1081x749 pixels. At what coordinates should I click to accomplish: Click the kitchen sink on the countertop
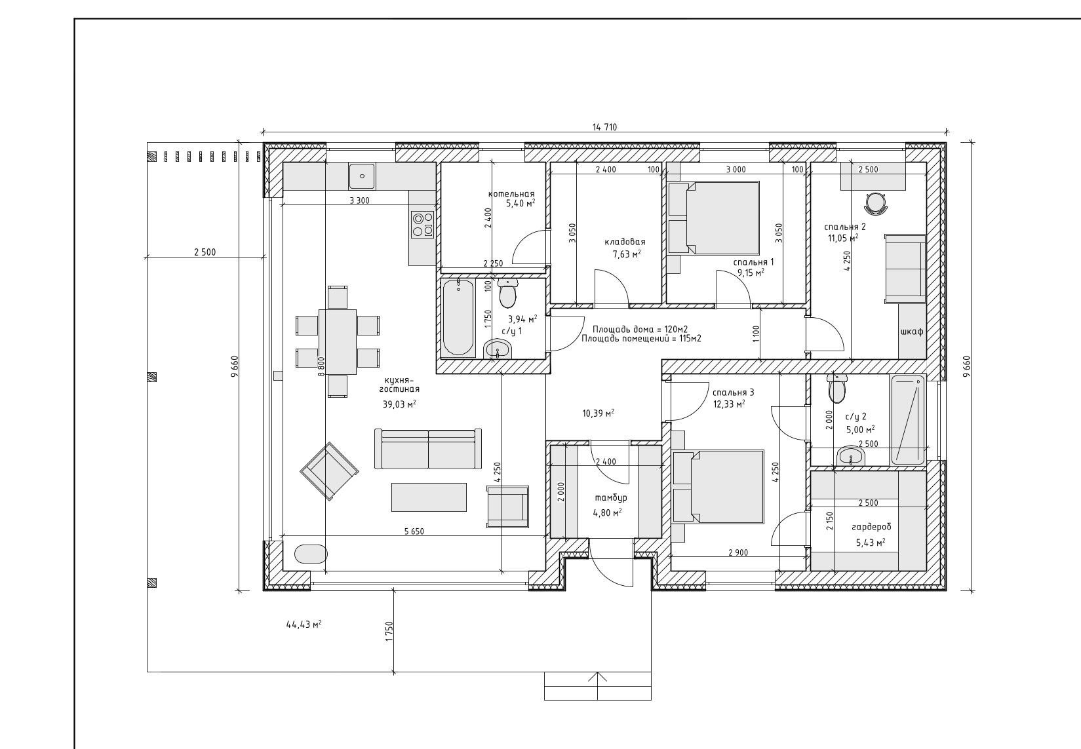tap(361, 176)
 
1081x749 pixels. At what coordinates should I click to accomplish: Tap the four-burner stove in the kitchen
tap(422, 224)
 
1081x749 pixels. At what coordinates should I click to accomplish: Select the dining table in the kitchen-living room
tap(338, 341)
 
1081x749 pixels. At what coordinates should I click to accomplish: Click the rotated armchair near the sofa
tap(330, 471)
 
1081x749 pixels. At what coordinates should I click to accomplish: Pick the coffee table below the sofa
tap(429, 497)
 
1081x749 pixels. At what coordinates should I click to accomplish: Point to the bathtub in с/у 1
tap(458, 317)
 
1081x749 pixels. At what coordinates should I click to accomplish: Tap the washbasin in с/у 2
tap(851, 456)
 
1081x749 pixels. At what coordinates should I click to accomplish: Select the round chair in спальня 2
tap(876, 204)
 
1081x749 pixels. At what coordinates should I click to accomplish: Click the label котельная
tap(511, 194)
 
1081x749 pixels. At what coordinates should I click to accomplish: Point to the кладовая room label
tap(625, 242)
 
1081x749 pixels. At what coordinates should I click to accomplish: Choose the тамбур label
tap(611, 498)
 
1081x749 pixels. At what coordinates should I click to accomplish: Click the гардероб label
tap(872, 527)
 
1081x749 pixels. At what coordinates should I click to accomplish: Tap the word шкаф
tap(912, 332)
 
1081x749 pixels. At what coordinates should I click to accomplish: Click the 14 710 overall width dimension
tap(604, 127)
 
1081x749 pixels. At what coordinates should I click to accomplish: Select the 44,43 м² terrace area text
tap(304, 624)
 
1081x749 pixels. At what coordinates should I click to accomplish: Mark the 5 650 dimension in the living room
tap(414, 531)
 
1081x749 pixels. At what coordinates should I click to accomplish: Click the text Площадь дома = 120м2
tap(640, 330)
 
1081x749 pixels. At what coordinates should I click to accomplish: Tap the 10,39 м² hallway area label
tap(599, 413)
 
